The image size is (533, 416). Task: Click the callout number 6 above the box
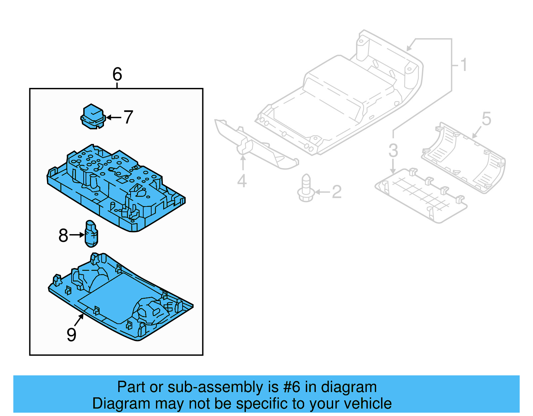point(117,74)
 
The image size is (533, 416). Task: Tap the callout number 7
point(128,117)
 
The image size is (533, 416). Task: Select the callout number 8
point(63,235)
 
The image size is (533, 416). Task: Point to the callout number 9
point(71,334)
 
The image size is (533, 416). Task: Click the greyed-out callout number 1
point(463,65)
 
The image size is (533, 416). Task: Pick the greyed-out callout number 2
point(337,192)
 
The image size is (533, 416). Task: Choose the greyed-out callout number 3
point(393,151)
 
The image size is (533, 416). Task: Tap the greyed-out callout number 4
point(242,181)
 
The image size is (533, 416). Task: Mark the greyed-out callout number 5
point(486,119)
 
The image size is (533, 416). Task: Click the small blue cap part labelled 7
point(93,116)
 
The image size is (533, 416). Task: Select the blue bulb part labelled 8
point(91,234)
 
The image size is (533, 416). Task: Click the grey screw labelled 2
point(306,189)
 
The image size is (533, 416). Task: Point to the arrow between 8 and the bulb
point(77,235)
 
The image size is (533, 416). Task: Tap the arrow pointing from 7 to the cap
point(114,117)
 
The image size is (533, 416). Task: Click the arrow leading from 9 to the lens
point(79,320)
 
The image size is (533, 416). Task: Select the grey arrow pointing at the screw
point(322,192)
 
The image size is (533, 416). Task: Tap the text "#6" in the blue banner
point(291,387)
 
